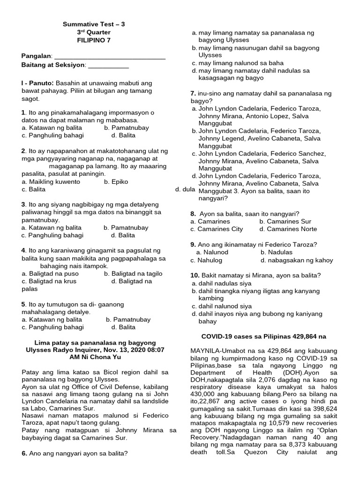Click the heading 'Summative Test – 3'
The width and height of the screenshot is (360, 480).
click(94, 24)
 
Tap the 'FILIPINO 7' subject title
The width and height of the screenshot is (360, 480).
click(94, 40)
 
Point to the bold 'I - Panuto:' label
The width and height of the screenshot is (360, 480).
click(41, 82)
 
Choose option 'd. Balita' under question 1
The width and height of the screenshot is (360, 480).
click(123, 135)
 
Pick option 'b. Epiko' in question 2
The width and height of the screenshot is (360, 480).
click(116, 182)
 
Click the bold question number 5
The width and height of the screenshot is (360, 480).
click(23, 304)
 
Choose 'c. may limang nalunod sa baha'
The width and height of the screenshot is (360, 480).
click(238, 63)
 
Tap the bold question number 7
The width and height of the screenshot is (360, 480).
click(193, 94)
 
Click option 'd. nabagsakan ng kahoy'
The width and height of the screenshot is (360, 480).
click(297, 260)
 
